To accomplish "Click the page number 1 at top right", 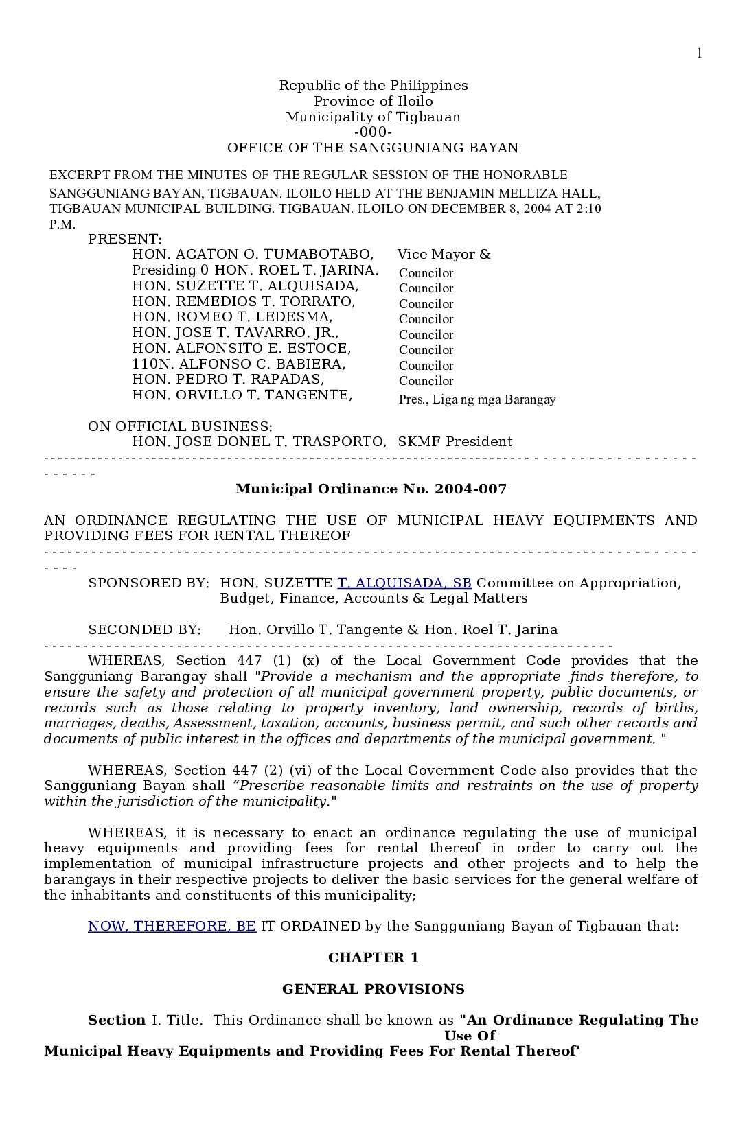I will coord(699,54).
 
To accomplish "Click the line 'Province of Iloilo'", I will coord(373,101).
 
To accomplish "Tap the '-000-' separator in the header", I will coord(373,132).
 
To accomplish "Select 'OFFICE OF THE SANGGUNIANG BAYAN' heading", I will coord(373,148).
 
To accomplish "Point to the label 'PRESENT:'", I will coord(125,239).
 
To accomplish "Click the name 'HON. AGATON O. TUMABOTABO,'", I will coord(253,255).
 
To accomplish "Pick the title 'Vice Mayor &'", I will coord(444,255).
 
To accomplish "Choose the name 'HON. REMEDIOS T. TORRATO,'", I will coord(244,301).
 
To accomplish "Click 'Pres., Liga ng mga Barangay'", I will coord(477,399).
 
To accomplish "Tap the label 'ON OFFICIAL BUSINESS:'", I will coord(180,426).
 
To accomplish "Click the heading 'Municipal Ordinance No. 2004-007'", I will coord(371,489).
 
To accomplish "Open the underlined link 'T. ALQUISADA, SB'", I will coord(404,583).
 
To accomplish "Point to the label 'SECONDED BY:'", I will coord(145,629).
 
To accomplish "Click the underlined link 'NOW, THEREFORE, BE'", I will coord(172,926).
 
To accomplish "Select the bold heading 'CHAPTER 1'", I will coord(373,957).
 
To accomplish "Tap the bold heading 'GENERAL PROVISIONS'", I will coord(373,989).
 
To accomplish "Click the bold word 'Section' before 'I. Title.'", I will coord(117,1020).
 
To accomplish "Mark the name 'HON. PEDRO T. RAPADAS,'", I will coord(228,379).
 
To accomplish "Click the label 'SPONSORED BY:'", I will coord(148,583).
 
